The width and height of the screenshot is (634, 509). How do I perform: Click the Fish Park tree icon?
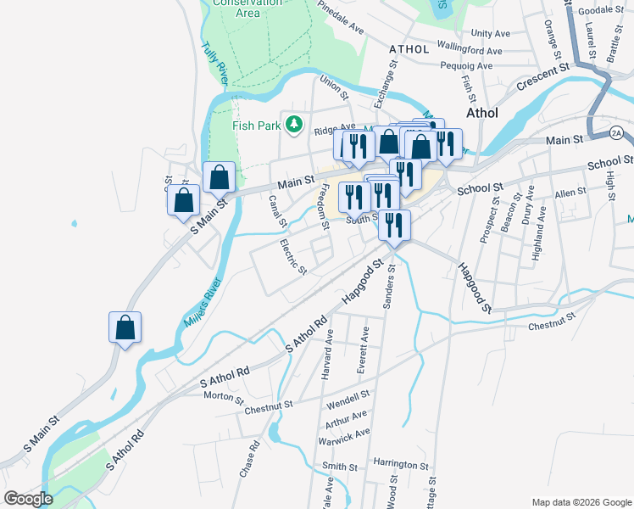tap(294, 126)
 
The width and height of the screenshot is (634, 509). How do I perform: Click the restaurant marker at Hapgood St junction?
tap(394, 226)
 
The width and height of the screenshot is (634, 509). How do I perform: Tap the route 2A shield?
tap(616, 133)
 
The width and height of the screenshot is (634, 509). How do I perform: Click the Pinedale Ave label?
tap(341, 17)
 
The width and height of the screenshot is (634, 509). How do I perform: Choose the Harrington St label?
tap(401, 465)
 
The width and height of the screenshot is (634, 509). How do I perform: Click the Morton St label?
tap(224, 396)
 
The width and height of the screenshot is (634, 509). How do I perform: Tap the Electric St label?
tap(293, 257)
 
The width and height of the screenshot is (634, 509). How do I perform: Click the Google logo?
tap(27, 499)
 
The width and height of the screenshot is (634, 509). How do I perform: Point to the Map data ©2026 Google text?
tap(581, 501)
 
